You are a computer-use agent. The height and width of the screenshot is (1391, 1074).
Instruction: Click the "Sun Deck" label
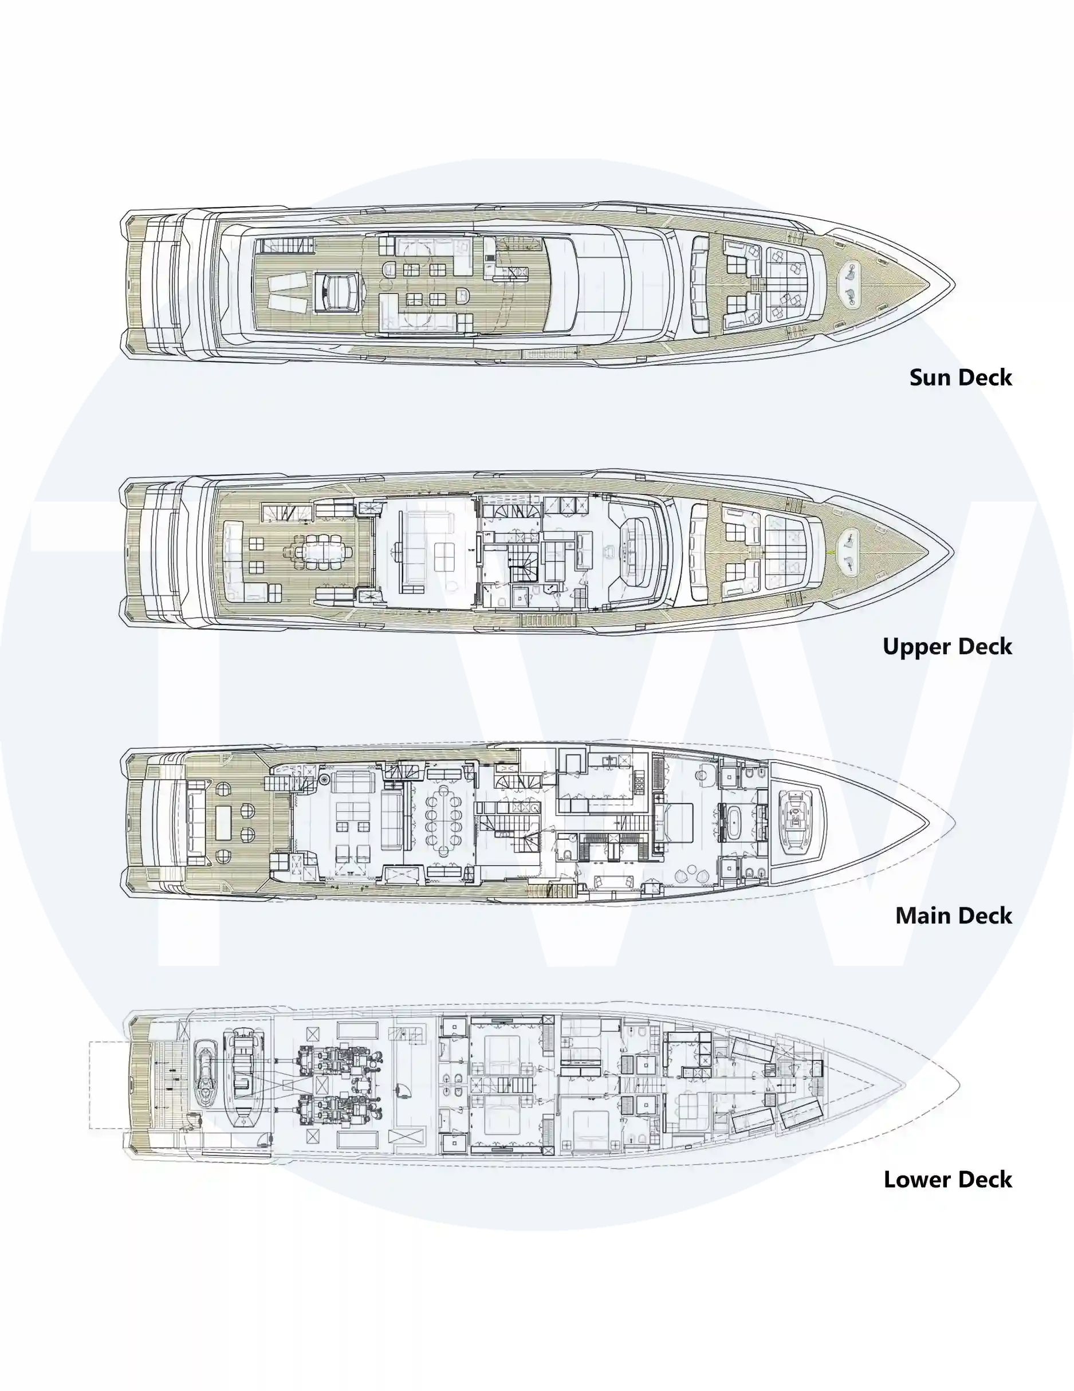tap(960, 377)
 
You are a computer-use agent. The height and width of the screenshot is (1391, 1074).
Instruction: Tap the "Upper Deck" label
tap(947, 646)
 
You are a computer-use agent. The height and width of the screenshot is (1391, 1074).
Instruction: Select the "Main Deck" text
tap(954, 915)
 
